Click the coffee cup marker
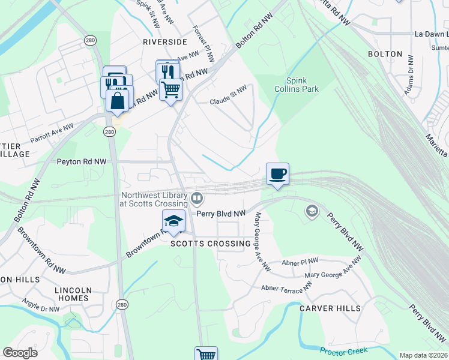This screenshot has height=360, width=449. pos(277,175)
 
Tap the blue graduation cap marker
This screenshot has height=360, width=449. pos(173,221)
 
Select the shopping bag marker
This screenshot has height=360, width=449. pos(118,100)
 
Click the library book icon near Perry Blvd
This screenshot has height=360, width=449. pos(197,198)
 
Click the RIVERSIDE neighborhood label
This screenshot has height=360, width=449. pos(165,42)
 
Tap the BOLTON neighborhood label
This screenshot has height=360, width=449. pos(385,54)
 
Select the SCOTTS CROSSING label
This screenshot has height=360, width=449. pos(210,244)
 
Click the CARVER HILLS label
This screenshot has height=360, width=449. pos(330,308)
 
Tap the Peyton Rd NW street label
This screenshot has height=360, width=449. pos(82,161)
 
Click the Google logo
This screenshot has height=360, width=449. pos(20,353)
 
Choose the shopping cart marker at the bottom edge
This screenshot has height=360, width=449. pos(206,354)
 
